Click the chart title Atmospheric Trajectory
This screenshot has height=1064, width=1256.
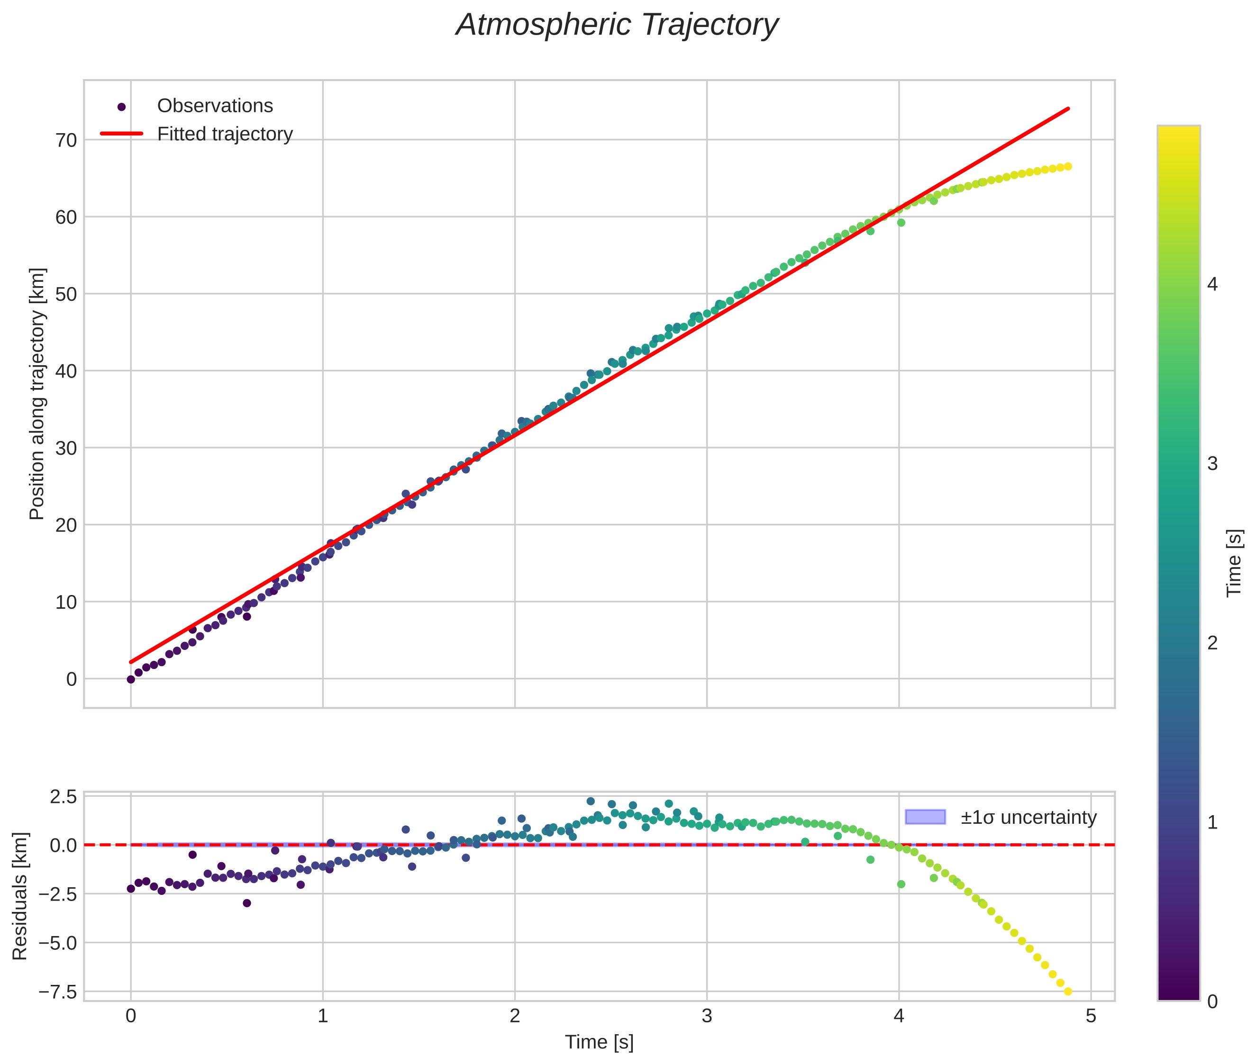(616, 25)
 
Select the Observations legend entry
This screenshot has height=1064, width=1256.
(214, 106)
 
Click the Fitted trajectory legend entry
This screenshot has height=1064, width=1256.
(225, 134)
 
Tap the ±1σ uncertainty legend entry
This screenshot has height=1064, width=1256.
(1028, 817)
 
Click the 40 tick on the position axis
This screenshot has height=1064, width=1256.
(66, 371)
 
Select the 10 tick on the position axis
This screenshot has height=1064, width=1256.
(66, 602)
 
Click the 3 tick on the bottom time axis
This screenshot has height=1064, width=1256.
(707, 1016)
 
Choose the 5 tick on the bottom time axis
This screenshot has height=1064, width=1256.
(1091, 1016)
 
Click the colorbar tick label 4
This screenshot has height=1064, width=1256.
(1212, 284)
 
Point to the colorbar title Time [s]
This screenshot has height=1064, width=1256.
(1234, 563)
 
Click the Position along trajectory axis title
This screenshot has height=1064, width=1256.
(37, 393)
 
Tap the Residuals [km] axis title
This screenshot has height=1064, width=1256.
(20, 896)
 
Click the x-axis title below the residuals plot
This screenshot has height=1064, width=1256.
(599, 1042)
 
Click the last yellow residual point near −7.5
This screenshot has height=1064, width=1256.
(1068, 991)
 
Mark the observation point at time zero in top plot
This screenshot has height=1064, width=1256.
(131, 679)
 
